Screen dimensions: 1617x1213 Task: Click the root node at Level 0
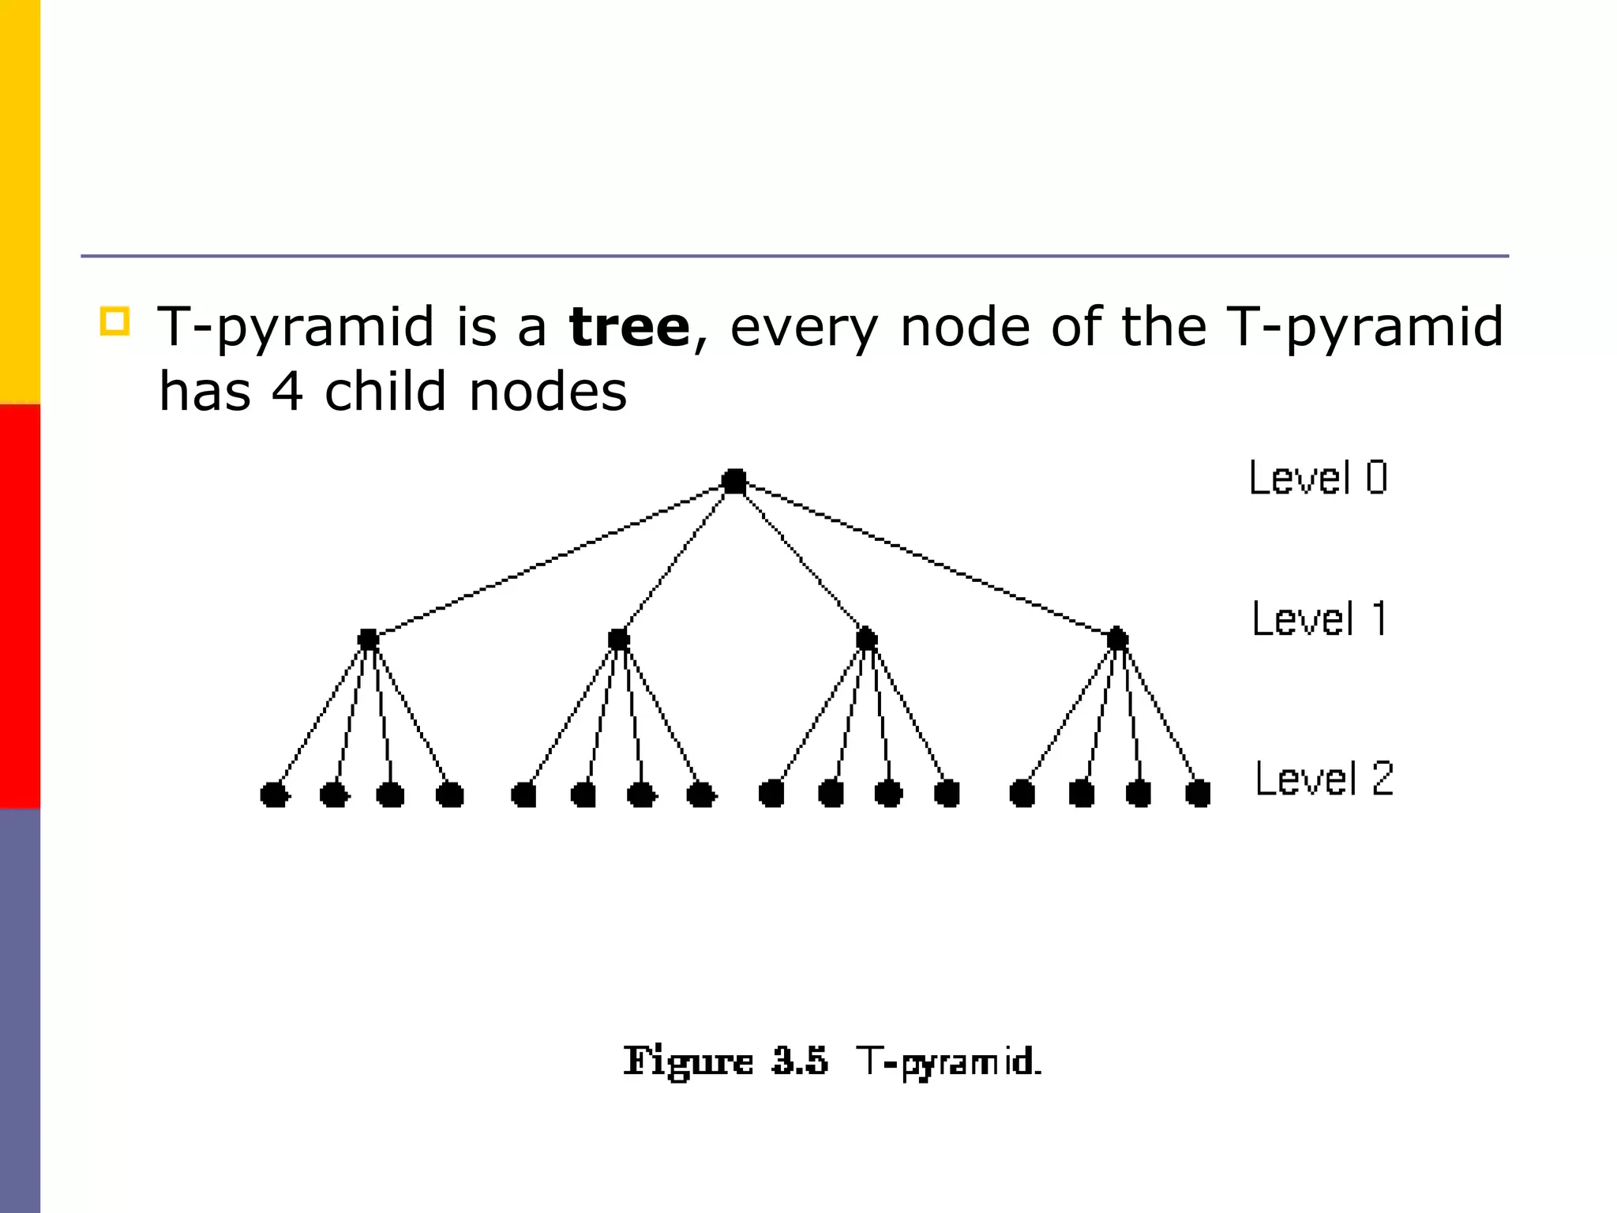tap(734, 481)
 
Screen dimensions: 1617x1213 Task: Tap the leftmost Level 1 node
tap(368, 639)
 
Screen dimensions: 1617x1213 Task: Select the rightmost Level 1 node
tap(1117, 638)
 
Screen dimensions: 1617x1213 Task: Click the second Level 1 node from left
tap(618, 639)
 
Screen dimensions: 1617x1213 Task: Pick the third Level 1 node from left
tap(866, 638)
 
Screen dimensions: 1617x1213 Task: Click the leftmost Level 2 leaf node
tap(274, 794)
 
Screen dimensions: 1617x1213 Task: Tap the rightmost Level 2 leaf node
tap(1198, 793)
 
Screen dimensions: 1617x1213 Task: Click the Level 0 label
tap(1318, 479)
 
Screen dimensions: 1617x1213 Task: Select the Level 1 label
tap(1319, 619)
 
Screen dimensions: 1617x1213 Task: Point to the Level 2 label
tap(1324, 779)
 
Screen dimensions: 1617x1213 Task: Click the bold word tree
tap(629, 327)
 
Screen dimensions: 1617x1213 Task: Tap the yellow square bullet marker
tap(114, 321)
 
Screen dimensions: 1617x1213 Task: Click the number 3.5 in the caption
tap(800, 1061)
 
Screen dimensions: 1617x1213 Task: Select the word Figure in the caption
tap(688, 1061)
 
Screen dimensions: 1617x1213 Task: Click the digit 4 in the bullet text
tap(287, 392)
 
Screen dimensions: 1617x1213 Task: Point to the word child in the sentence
tap(386, 392)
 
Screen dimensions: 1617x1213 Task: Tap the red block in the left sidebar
tap(20, 606)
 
